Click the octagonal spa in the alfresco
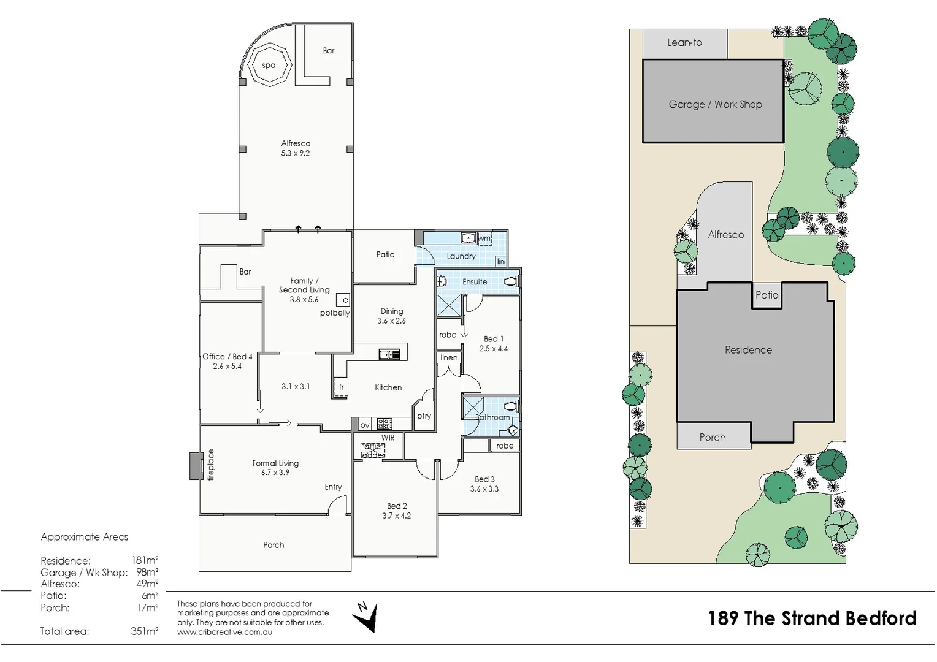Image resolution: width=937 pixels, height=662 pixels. [269, 66]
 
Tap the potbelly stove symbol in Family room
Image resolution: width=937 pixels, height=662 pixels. [343, 300]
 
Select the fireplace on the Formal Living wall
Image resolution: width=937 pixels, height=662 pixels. [196, 465]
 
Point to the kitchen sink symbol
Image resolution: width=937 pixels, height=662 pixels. [389, 354]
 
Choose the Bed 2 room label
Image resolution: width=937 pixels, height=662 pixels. [397, 506]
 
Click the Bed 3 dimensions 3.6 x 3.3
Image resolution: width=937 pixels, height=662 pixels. [484, 489]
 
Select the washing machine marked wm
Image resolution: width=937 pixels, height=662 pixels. [484, 238]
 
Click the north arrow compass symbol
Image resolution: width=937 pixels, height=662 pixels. [366, 617]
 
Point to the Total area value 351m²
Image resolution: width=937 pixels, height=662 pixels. [144, 631]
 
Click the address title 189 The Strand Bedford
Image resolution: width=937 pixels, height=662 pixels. [812, 618]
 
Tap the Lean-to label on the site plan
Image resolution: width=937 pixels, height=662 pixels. [684, 42]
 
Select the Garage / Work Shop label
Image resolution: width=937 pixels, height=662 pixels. [715, 104]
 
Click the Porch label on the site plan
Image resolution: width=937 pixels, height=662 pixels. [713, 437]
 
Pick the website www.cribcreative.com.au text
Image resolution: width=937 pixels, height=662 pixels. [224, 632]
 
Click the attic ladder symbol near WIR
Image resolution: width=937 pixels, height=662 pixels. [373, 451]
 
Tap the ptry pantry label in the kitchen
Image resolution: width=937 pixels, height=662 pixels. [424, 416]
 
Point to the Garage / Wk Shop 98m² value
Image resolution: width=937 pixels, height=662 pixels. [147, 573]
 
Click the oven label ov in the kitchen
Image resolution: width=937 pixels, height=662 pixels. [365, 424]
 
